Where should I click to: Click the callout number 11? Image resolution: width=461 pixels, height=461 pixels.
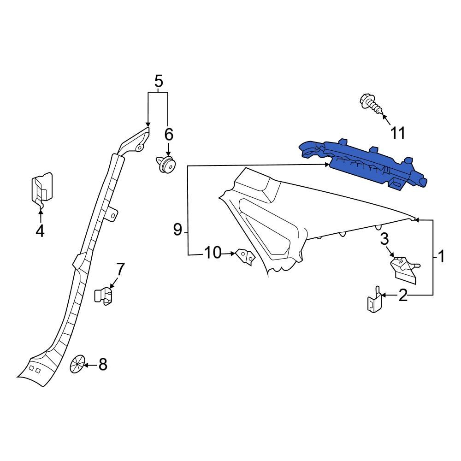397,133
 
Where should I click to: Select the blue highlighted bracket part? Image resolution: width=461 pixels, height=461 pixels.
364,164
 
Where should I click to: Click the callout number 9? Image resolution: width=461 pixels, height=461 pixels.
178,229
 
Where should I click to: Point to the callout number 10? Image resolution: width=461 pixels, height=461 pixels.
213,253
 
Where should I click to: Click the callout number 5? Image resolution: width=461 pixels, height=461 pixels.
158,82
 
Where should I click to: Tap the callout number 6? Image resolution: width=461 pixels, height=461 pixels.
169,135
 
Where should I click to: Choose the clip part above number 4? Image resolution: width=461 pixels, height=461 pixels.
41,189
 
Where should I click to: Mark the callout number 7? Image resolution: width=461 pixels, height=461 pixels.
120,269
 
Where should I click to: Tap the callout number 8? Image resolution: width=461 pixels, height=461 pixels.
102,365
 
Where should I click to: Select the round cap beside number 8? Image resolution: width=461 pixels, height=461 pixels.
77,364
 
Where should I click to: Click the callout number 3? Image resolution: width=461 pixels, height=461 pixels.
384,239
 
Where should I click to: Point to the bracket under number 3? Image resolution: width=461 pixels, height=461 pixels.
403,269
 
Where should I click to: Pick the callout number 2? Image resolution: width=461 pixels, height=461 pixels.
403,296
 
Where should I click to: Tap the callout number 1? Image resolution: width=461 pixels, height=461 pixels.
441,256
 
